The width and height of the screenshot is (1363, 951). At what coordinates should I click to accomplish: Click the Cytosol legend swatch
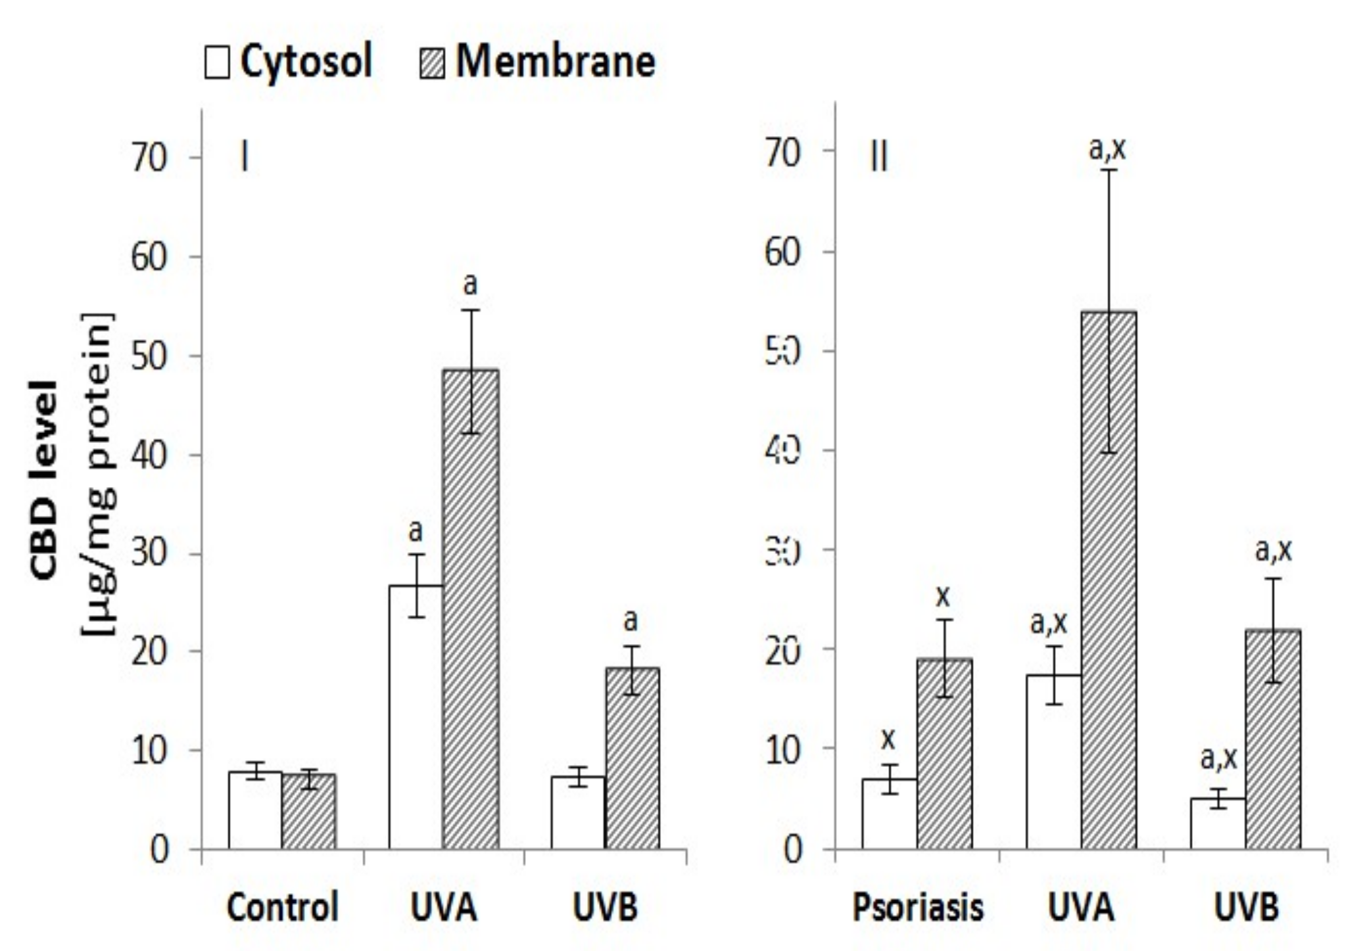[x=217, y=63]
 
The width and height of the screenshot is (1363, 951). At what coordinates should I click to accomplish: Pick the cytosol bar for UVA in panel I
[x=416, y=716]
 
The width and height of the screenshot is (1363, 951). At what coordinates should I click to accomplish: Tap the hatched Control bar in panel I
[x=309, y=812]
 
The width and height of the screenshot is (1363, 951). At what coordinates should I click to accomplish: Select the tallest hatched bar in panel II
[x=1109, y=578]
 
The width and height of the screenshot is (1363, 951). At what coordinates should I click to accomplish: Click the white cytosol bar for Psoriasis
[x=889, y=814]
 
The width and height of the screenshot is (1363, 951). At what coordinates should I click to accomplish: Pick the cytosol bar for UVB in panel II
[x=1218, y=823]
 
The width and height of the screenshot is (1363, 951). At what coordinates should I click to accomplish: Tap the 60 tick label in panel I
[x=149, y=258]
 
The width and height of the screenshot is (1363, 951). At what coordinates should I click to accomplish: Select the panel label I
[x=245, y=158]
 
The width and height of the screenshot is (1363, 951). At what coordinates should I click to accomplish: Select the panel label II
[x=879, y=158]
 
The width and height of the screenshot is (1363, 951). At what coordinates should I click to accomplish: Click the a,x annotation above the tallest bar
[x=1107, y=149]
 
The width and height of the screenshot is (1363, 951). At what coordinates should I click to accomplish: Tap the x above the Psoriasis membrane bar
[x=943, y=597]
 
